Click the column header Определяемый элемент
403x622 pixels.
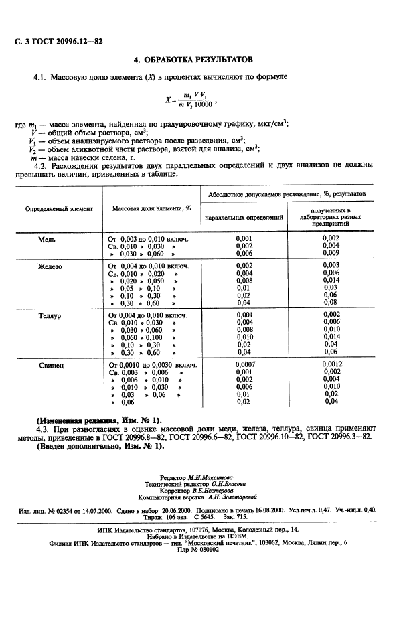[x=59, y=208]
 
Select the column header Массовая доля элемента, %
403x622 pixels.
[x=151, y=208]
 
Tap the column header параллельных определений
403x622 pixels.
[x=244, y=218]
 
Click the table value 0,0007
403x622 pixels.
[x=244, y=365]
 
